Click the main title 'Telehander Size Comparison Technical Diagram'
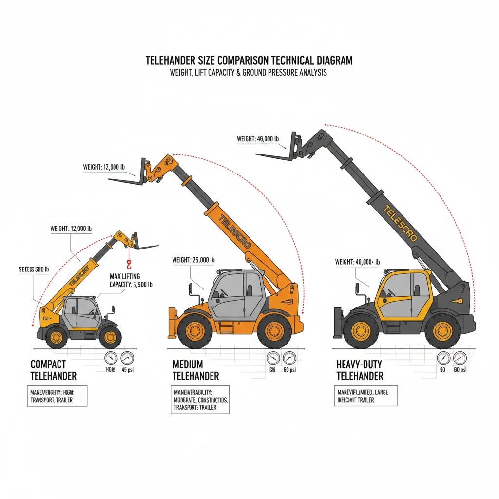249,61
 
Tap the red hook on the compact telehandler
129,264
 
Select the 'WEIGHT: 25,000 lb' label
193,260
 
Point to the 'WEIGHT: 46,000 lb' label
258,139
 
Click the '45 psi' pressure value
127,369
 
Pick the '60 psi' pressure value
289,370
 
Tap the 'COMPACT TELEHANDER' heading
53,370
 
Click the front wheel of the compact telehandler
111,336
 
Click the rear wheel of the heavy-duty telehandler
442,331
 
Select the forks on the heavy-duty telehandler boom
275,154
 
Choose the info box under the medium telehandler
200,400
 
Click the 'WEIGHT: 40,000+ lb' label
357,262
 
